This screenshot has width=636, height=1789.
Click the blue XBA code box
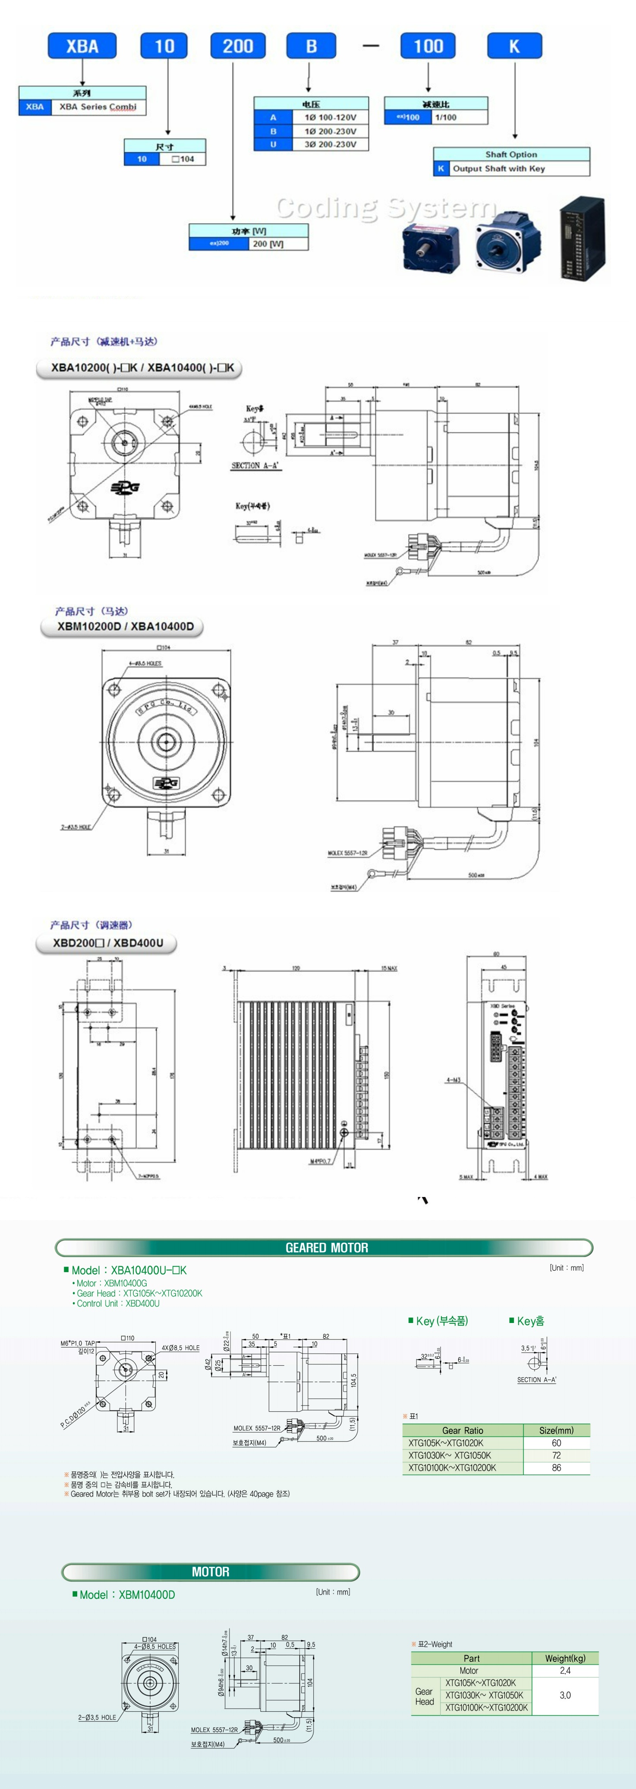tap(82, 47)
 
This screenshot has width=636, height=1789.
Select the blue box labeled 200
tap(237, 47)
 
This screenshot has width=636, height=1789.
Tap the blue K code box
tap(514, 47)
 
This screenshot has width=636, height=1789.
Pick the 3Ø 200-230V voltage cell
tap(330, 145)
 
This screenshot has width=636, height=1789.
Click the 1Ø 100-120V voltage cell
tap(330, 117)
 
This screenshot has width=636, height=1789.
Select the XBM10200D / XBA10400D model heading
tap(126, 627)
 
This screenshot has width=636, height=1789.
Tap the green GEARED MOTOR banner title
tap(326, 1248)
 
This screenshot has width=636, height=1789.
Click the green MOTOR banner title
tap(211, 1572)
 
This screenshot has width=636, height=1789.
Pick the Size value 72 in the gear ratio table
tap(556, 1455)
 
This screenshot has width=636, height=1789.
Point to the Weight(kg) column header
tap(564, 1658)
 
